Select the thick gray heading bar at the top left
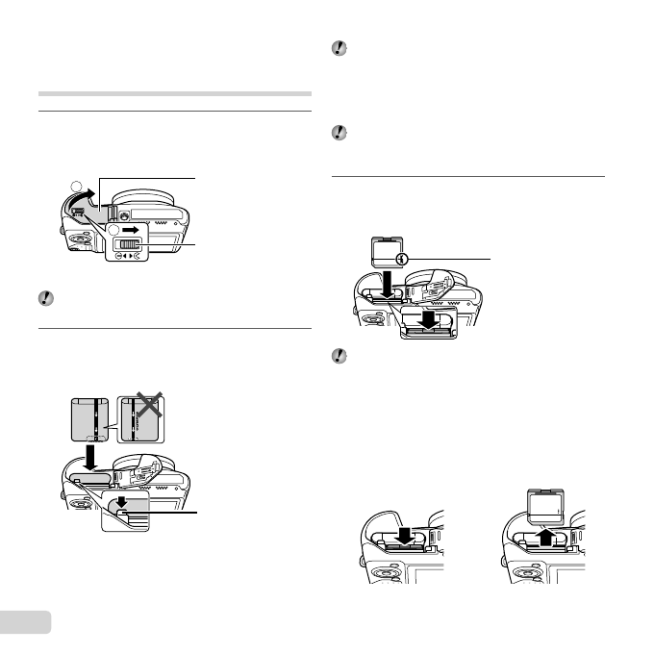[174, 94]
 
